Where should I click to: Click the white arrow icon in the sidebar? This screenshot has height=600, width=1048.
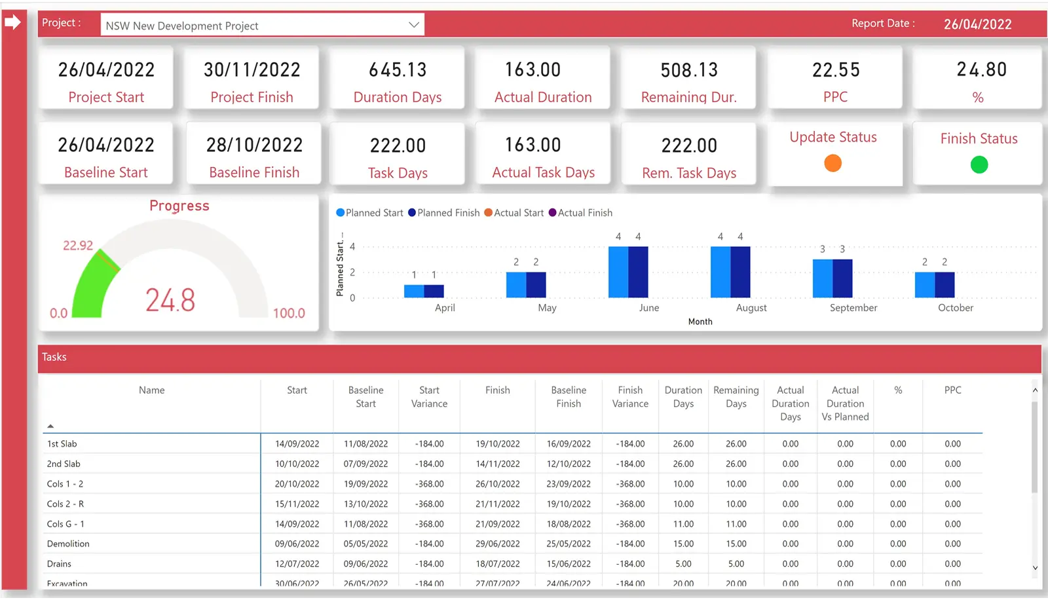pyautogui.click(x=12, y=22)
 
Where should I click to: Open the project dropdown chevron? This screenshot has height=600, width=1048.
pyautogui.click(x=414, y=25)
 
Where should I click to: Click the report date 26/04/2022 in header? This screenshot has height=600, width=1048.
pyautogui.click(x=977, y=24)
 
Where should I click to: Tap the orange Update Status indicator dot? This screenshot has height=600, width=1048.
pyautogui.click(x=833, y=163)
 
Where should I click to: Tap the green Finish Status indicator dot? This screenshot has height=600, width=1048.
pyautogui.click(x=979, y=164)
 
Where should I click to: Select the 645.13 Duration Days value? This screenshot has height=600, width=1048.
pyautogui.click(x=398, y=69)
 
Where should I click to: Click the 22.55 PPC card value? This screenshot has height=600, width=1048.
pyautogui.click(x=836, y=69)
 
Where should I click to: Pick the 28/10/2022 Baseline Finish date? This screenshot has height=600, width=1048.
pyautogui.click(x=254, y=145)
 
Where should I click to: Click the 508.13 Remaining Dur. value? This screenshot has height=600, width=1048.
pyautogui.click(x=689, y=69)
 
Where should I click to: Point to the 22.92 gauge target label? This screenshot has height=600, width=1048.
pyautogui.click(x=78, y=246)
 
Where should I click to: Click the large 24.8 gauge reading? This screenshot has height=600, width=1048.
pyautogui.click(x=170, y=300)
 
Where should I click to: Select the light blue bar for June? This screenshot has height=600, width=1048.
pyautogui.click(x=618, y=272)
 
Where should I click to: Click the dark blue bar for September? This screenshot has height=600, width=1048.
pyautogui.click(x=842, y=278)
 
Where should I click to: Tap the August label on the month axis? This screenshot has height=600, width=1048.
pyautogui.click(x=751, y=308)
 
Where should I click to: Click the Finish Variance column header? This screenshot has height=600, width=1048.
pyautogui.click(x=630, y=397)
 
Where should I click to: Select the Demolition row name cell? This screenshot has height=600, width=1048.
pyautogui.click(x=68, y=544)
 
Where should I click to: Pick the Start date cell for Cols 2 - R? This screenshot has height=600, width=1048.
pyautogui.click(x=297, y=504)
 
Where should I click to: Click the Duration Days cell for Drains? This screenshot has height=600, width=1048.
pyautogui.click(x=683, y=563)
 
